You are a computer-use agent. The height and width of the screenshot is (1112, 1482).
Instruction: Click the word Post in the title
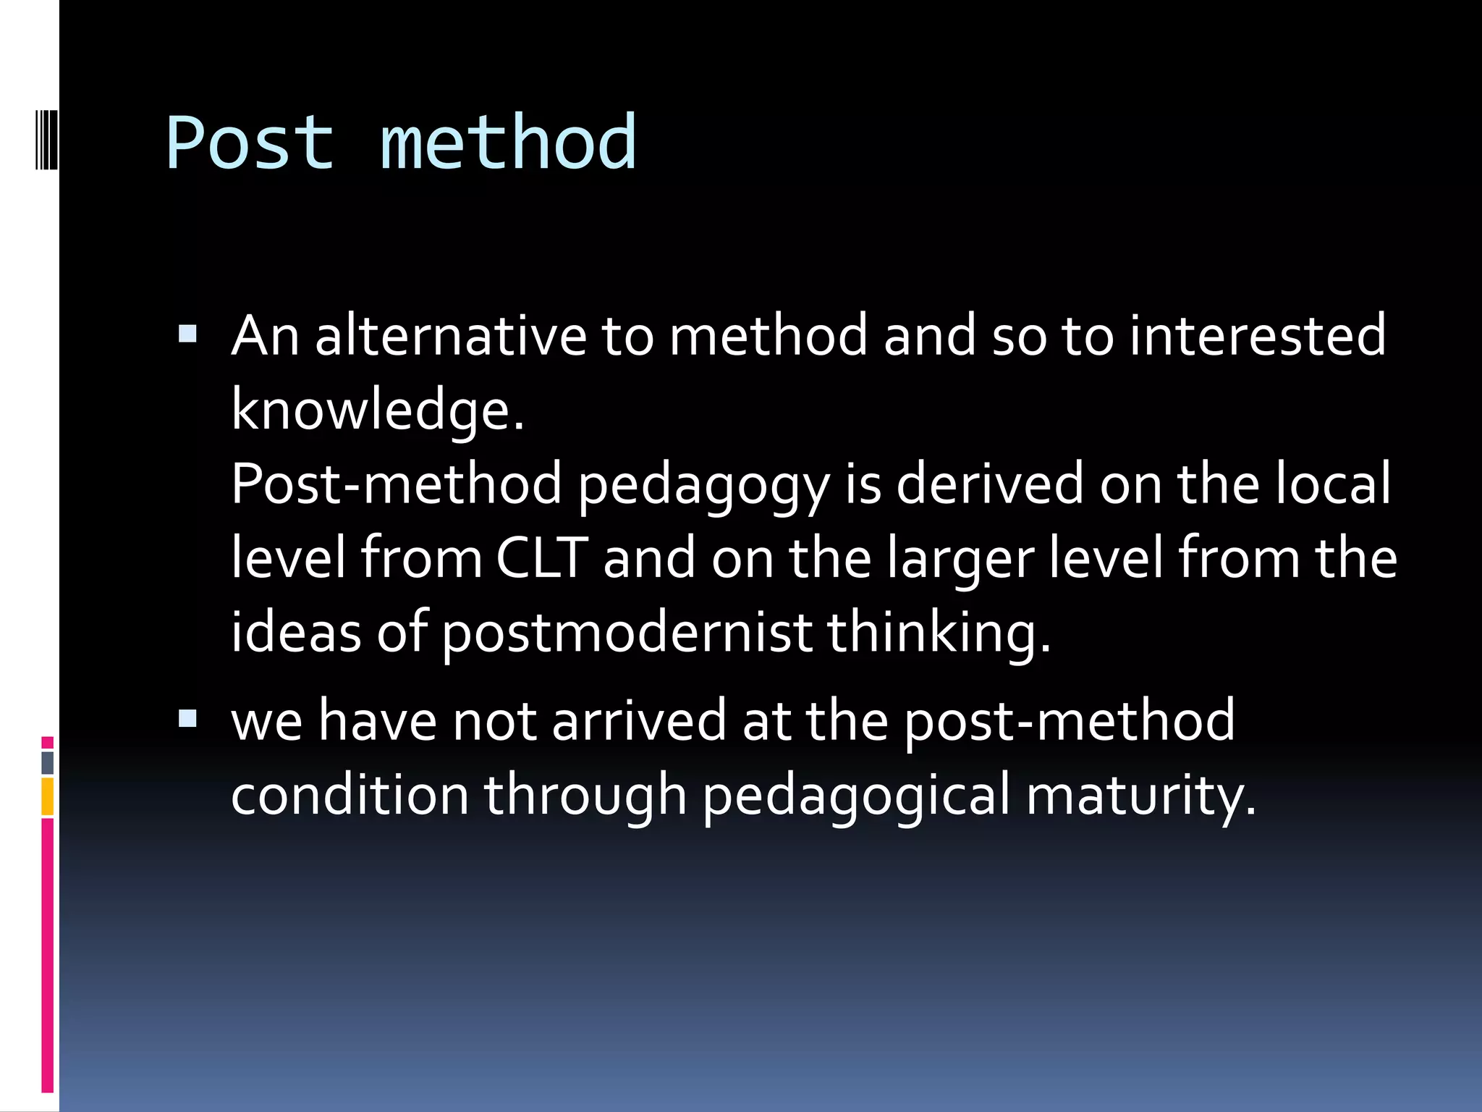click(x=250, y=143)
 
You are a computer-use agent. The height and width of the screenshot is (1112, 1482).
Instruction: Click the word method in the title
click(x=508, y=143)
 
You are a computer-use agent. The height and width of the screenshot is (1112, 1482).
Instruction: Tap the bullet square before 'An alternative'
click(x=187, y=333)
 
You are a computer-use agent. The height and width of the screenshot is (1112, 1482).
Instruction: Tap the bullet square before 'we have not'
click(x=187, y=718)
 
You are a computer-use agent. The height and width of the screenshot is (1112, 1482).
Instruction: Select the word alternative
click(x=450, y=336)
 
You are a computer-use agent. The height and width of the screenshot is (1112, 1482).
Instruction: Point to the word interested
click(x=1258, y=336)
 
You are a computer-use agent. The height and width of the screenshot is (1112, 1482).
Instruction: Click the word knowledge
click(x=376, y=410)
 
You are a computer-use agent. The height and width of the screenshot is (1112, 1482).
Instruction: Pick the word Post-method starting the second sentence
click(x=396, y=484)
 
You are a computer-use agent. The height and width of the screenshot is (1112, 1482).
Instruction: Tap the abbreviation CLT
click(x=541, y=558)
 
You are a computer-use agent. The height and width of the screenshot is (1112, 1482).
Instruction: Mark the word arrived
click(x=639, y=721)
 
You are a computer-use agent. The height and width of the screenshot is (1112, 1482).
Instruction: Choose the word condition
click(x=350, y=795)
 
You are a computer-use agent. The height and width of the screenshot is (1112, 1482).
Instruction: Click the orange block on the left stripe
click(x=48, y=796)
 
